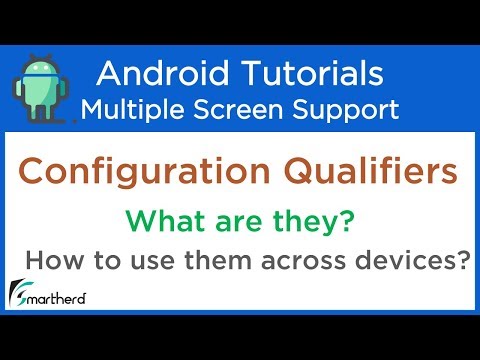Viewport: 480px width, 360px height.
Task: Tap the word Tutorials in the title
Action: click(x=318, y=74)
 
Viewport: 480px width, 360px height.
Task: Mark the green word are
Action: click(x=243, y=220)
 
